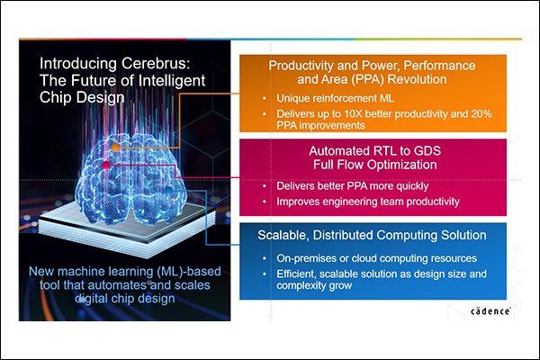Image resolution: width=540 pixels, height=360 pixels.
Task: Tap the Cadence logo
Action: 490,310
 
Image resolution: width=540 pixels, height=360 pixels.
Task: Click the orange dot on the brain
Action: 115,148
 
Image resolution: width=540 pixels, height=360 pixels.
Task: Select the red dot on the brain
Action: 106,165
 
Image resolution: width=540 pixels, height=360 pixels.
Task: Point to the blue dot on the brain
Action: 169,190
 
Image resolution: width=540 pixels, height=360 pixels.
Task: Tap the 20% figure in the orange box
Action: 481,113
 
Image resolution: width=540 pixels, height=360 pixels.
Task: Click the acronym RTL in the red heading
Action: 384,151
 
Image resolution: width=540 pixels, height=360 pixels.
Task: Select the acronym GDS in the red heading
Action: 427,151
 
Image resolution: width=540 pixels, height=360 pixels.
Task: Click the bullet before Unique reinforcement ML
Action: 265,98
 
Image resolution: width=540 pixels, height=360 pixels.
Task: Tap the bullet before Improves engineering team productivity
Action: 265,202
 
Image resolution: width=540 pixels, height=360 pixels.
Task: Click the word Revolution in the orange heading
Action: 417,79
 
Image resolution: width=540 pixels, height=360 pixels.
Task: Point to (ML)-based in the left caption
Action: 189,272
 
